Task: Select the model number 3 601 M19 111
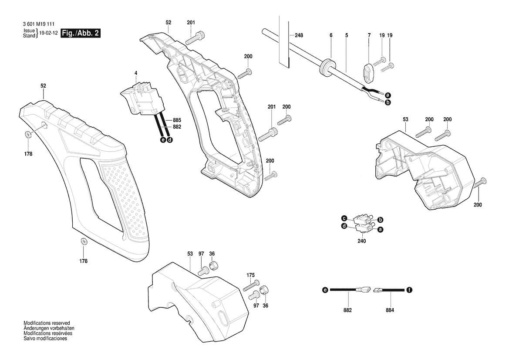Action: (x=39, y=24)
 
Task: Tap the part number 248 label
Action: (x=299, y=35)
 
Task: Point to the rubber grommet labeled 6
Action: (x=326, y=68)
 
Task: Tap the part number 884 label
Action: (x=390, y=310)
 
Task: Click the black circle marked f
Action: (x=409, y=290)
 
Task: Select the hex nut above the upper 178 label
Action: (x=28, y=135)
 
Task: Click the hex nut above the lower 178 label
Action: (x=83, y=241)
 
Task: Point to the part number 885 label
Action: (x=177, y=120)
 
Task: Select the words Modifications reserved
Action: (x=47, y=323)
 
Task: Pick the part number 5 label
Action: (x=347, y=35)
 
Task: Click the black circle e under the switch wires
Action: (x=163, y=140)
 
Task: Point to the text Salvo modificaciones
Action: (x=45, y=338)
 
